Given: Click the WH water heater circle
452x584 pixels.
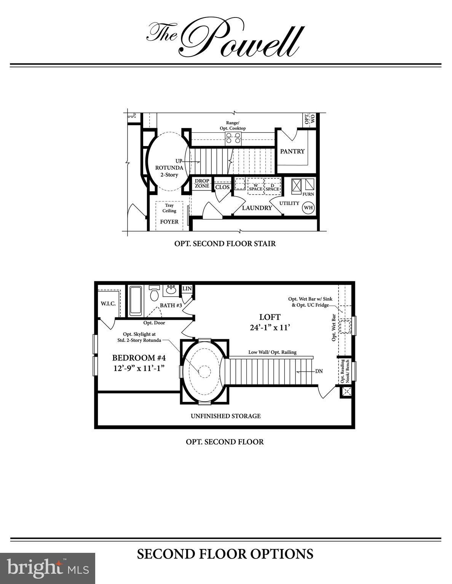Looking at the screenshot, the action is pos(308,208).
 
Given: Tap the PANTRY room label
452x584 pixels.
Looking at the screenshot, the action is pos(292,151).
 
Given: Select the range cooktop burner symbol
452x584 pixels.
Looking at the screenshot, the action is pos(233,138).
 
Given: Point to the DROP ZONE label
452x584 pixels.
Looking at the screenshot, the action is pos(202,183).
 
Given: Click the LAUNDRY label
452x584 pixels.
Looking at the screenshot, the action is pos(257,208).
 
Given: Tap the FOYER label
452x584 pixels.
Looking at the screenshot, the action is pos(169,222).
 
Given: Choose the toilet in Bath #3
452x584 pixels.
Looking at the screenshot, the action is pos(155,294).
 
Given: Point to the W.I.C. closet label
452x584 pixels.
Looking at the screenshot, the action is pos(108,304).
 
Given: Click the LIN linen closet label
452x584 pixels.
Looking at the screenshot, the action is pos(187,289).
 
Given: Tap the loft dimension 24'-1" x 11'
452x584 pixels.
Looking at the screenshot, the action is pos(270,328).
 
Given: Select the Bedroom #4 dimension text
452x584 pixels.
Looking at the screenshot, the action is pos(139,368).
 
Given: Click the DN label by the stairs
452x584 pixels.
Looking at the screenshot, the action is pos(319,371).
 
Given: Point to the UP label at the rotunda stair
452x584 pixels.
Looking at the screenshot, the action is pos(179,161).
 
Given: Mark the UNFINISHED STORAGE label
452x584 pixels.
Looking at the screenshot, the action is pos(226,416).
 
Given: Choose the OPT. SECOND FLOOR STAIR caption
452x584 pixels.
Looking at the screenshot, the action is pos(225,243).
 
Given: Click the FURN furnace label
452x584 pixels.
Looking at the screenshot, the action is pos(308,194).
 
